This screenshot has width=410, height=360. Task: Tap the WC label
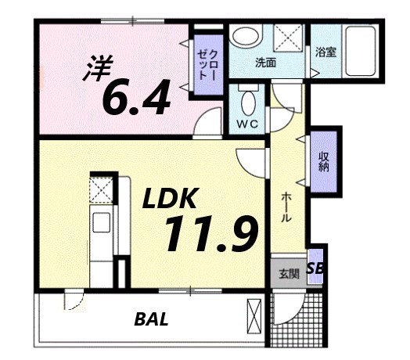point(249,124)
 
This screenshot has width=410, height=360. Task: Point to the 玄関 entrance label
point(288,274)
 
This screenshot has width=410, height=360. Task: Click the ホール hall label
point(286,205)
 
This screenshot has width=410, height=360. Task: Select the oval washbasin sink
point(246,38)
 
